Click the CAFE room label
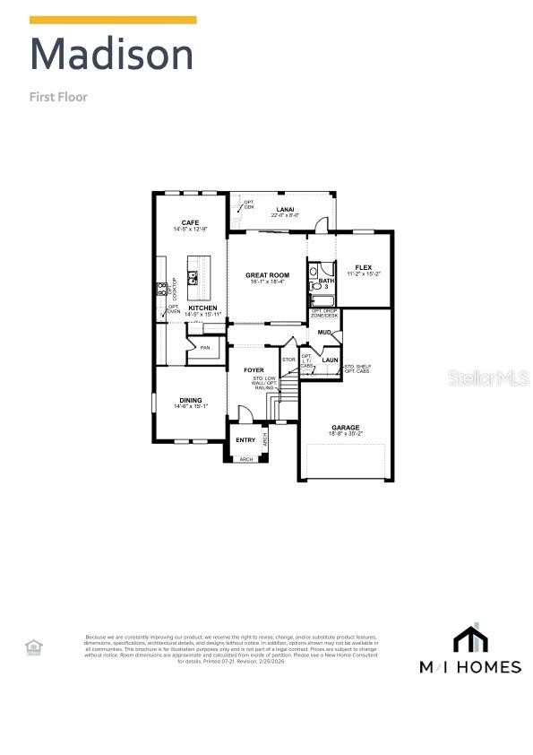pyautogui.click(x=190, y=222)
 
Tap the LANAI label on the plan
pyautogui.click(x=286, y=209)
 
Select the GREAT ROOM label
pyautogui.click(x=267, y=275)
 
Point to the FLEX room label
pyautogui.click(x=363, y=267)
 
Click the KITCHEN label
pyautogui.click(x=202, y=308)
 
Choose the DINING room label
pyautogui.click(x=190, y=400)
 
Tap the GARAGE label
pyautogui.click(x=345, y=429)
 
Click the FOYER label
pyautogui.click(x=254, y=369)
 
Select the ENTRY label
pyautogui.click(x=245, y=439)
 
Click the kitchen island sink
pyautogui.click(x=193, y=277)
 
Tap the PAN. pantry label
pyautogui.click(x=205, y=348)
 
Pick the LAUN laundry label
pyautogui.click(x=329, y=360)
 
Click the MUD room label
pyautogui.click(x=323, y=333)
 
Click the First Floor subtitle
pyautogui.click(x=58, y=97)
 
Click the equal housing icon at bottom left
pyautogui.click(x=33, y=646)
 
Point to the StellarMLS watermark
pyautogui.click(x=489, y=378)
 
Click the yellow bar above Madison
pyautogui.click(x=113, y=20)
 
